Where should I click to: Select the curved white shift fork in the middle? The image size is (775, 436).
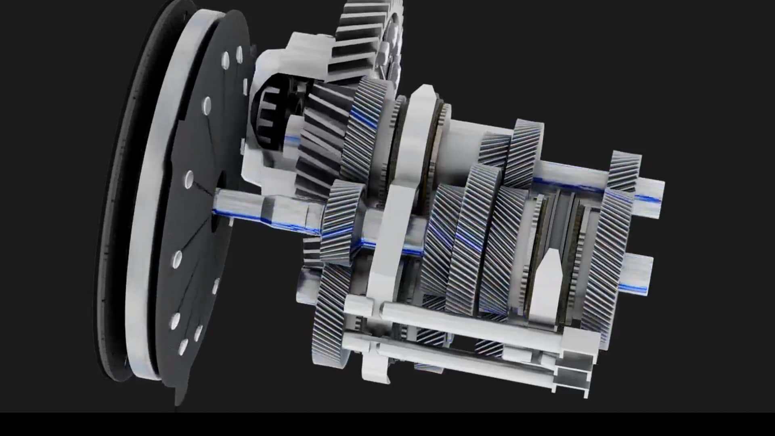tap(387, 242)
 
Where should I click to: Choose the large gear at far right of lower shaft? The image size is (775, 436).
tap(605, 262)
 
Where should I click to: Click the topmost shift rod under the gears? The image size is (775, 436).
tap(464, 319)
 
